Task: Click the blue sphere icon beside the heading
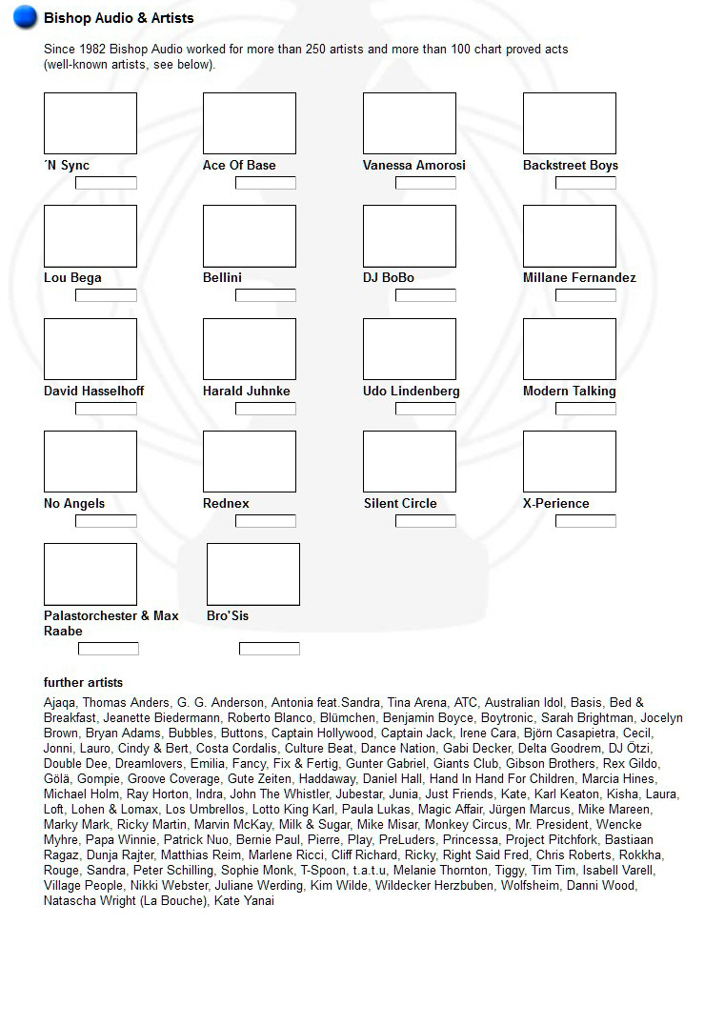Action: pyautogui.click(x=25, y=17)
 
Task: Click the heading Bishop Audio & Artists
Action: pyautogui.click(x=118, y=18)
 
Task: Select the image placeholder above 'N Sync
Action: pyautogui.click(x=91, y=124)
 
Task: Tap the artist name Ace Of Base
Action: pyautogui.click(x=239, y=166)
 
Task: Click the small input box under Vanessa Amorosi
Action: pyautogui.click(x=426, y=183)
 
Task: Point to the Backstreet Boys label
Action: pyautogui.click(x=570, y=166)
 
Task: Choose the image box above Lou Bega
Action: pyautogui.click(x=91, y=236)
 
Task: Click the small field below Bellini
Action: pyautogui.click(x=266, y=295)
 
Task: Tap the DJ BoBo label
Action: pyautogui.click(x=389, y=278)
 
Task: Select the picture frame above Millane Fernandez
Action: pyautogui.click(x=570, y=236)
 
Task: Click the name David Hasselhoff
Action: pyautogui.click(x=94, y=392)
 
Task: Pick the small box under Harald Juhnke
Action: pyautogui.click(x=266, y=409)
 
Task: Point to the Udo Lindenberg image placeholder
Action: pyautogui.click(x=410, y=350)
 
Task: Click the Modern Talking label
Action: pyautogui.click(x=570, y=392)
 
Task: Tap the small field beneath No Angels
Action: pyautogui.click(x=106, y=521)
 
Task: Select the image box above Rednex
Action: pyautogui.click(x=250, y=462)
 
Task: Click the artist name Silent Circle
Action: pyautogui.click(x=400, y=504)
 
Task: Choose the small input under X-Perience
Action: pyautogui.click(x=586, y=521)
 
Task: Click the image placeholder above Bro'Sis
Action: pyautogui.click(x=253, y=574)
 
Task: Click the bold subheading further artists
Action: pyautogui.click(x=83, y=683)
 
